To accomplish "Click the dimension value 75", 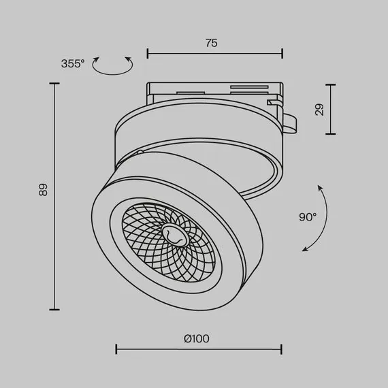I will (x=211, y=43).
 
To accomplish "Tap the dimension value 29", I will (x=319, y=110).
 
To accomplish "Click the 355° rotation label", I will (x=73, y=64).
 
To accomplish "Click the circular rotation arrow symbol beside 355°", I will (x=112, y=65).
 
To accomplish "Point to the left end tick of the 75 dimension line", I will (x=148, y=53).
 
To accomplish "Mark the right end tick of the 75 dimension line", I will (x=282, y=53).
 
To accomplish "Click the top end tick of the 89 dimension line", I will (x=54, y=84).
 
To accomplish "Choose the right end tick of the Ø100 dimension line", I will (x=282, y=349).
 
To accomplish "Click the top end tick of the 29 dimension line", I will (x=331, y=85).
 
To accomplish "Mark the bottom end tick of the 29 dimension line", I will (x=331, y=134).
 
